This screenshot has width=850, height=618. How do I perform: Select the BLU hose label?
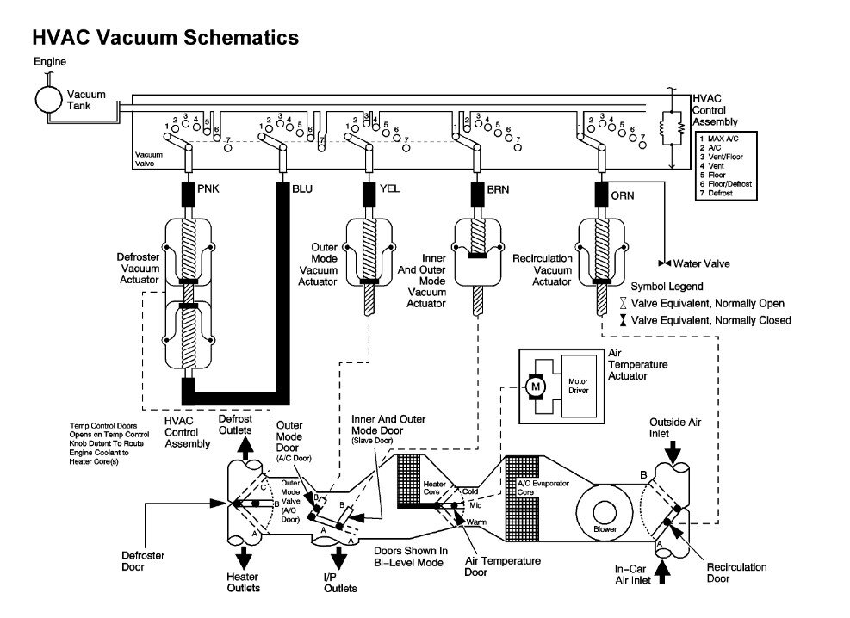click(302, 188)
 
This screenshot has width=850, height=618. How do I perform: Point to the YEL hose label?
click(389, 188)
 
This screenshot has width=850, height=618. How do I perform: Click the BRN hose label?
click(499, 188)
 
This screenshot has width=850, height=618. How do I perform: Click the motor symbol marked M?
click(537, 387)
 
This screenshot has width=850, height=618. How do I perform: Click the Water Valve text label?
click(699, 262)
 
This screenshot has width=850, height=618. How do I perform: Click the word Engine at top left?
click(50, 62)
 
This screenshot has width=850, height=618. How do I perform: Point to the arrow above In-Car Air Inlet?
click(662, 571)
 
